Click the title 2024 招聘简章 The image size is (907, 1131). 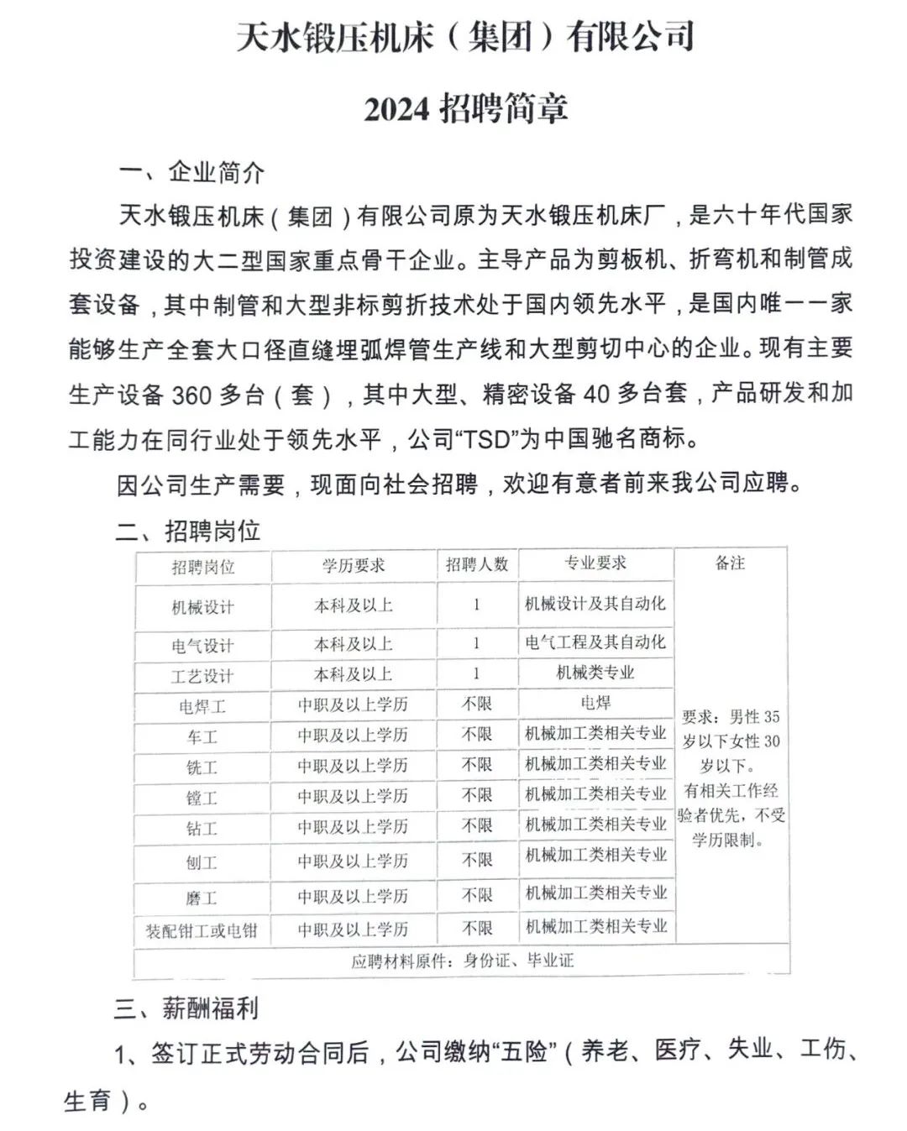click(x=466, y=108)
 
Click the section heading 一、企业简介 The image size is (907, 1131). click(x=191, y=172)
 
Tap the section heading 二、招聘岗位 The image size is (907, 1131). click(x=188, y=531)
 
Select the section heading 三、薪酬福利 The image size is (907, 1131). click(x=186, y=1008)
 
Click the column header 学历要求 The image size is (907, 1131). click(x=354, y=565)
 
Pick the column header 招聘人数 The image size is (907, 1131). click(x=477, y=564)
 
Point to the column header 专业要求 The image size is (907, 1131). click(x=595, y=563)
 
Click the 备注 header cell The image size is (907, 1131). click(x=730, y=563)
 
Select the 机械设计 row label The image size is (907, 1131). click(x=202, y=607)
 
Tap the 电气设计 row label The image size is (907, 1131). click(x=202, y=646)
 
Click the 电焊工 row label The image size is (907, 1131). click(x=202, y=706)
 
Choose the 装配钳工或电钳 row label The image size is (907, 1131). click(x=202, y=930)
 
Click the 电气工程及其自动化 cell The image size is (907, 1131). click(x=595, y=642)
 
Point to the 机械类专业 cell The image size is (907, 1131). click(x=595, y=673)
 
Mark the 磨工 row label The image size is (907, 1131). click(x=202, y=898)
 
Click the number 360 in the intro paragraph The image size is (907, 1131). click(x=192, y=395)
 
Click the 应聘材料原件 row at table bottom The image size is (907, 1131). click(x=462, y=961)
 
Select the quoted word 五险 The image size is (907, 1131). click(x=524, y=1051)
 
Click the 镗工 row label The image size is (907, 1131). click(x=202, y=797)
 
